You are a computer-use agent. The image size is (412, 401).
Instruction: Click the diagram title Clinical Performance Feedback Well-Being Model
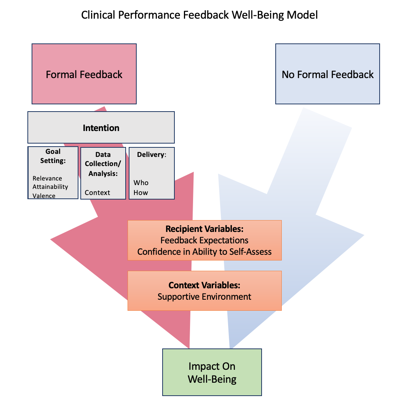pyautogui.click(x=200, y=15)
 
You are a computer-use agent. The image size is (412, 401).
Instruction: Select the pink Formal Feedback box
pyautogui.click(x=84, y=74)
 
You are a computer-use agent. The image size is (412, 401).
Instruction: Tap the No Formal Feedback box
pyautogui.click(x=327, y=74)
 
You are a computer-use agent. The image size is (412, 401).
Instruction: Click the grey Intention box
pyautogui.click(x=101, y=128)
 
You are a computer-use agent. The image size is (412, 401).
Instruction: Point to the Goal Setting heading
pyautogui.click(x=53, y=156)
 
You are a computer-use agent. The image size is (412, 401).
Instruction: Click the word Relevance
pyautogui.click(x=47, y=179)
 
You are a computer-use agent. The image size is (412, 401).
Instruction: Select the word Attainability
pyautogui.click(x=50, y=187)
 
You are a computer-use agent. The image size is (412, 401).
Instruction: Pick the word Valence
pyautogui.click(x=44, y=196)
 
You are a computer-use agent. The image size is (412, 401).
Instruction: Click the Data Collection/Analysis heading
pyautogui.click(x=103, y=164)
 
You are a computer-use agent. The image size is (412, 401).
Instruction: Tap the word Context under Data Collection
pyautogui.click(x=97, y=193)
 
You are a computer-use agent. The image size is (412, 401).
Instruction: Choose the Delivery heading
pyautogui.click(x=152, y=155)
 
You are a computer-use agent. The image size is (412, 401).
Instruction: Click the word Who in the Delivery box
pyautogui.click(x=141, y=183)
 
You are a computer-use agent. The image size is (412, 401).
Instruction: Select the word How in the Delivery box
pyautogui.click(x=141, y=193)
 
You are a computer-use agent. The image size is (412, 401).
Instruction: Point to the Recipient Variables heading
pyautogui.click(x=204, y=229)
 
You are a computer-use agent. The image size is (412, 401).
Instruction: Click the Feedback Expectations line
pyautogui.click(x=204, y=240)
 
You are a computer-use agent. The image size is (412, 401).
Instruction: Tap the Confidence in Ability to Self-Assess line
pyautogui.click(x=204, y=252)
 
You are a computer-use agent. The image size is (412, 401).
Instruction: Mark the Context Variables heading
pyautogui.click(x=204, y=285)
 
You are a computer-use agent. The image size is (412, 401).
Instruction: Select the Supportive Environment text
pyautogui.click(x=204, y=297)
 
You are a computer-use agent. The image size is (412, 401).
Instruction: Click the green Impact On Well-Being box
pyautogui.click(x=212, y=372)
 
